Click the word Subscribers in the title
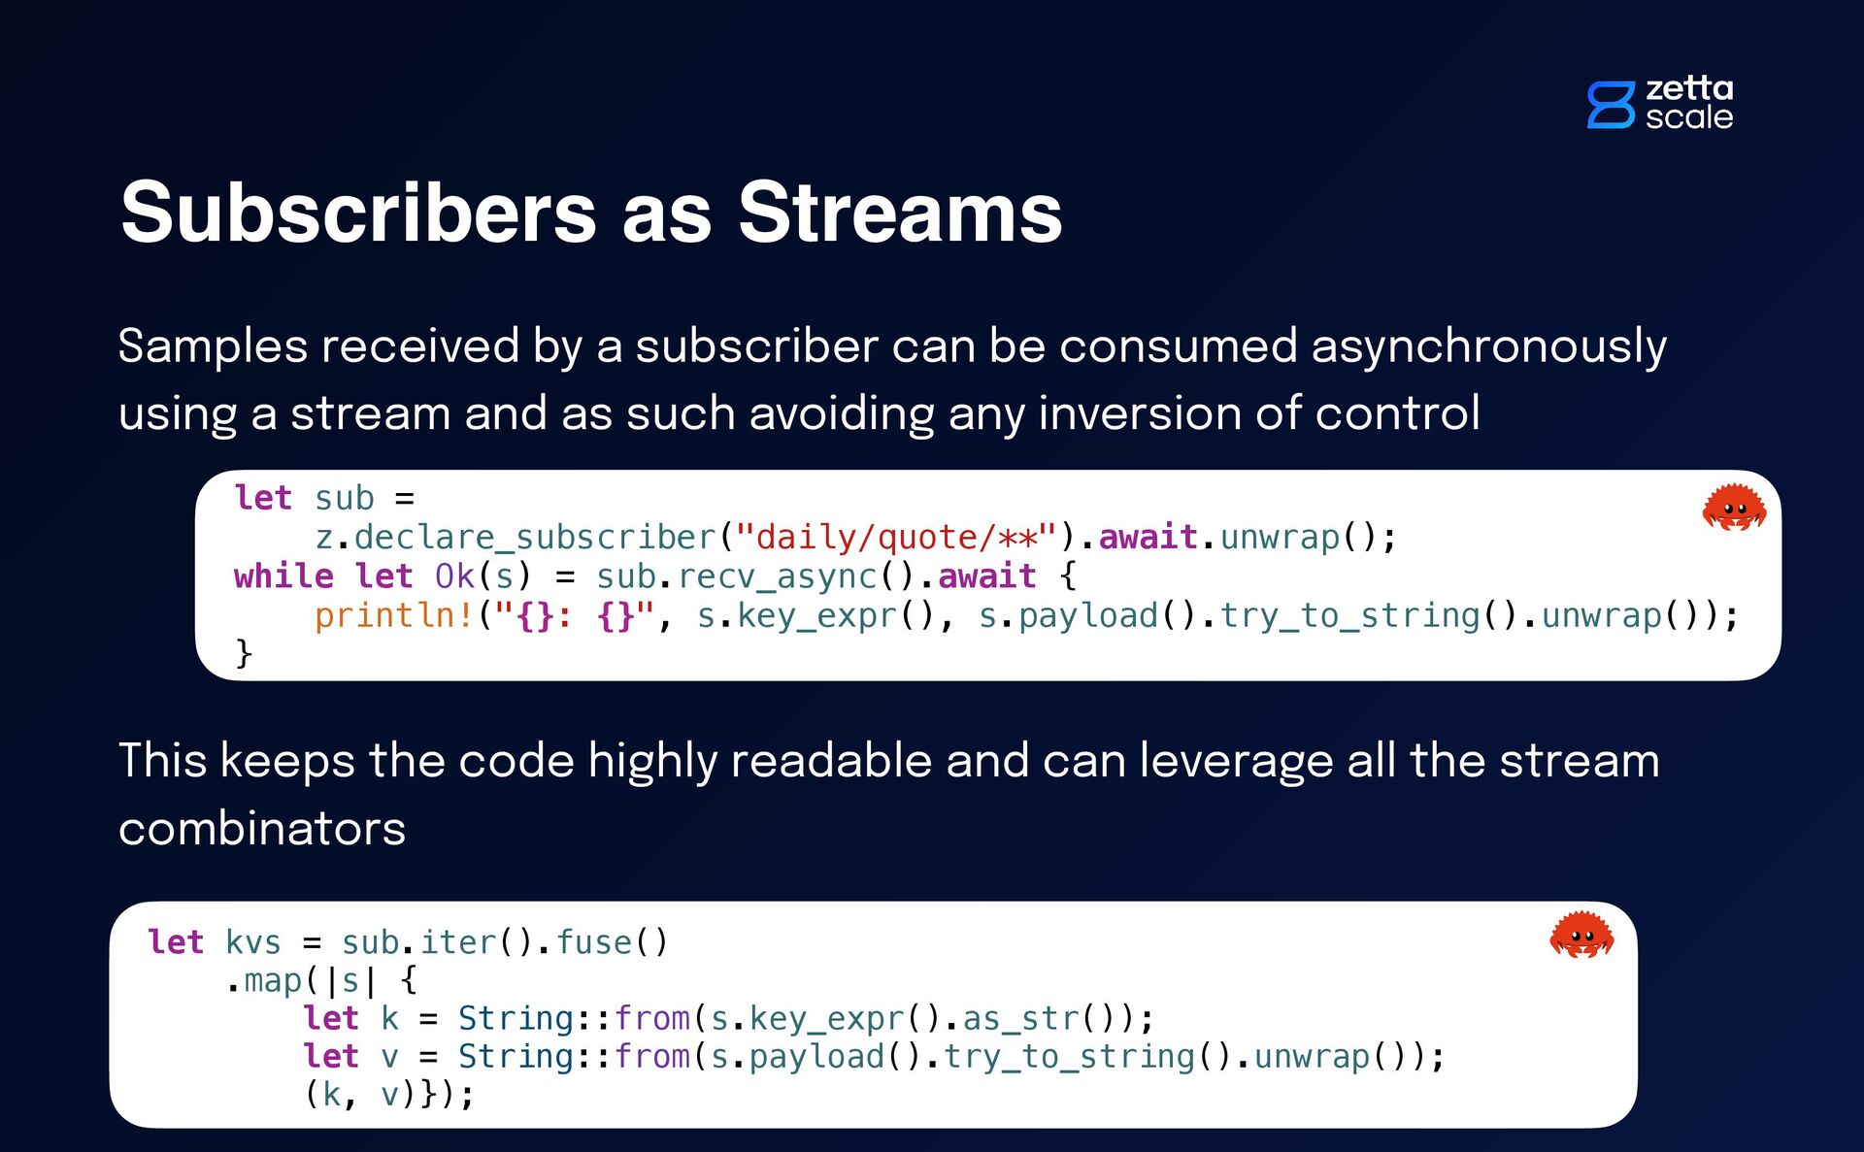(358, 213)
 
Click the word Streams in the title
(900, 213)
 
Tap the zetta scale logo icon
(1611, 105)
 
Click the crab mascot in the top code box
(1734, 508)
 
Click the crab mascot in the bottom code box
(1581, 935)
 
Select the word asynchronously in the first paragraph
(1488, 346)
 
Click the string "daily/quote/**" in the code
(895, 537)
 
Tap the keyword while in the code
(283, 576)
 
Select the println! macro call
(393, 615)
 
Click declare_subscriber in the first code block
(534, 537)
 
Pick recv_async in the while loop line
(777, 576)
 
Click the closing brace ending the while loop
(244, 653)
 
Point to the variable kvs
(252, 942)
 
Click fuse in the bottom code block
(593, 942)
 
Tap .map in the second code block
(265, 980)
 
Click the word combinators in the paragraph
(262, 829)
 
